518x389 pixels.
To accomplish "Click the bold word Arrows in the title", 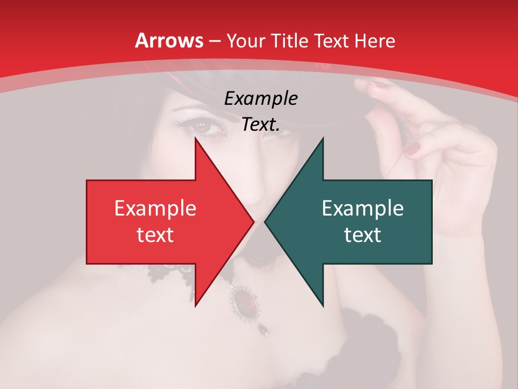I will pyautogui.click(x=169, y=41).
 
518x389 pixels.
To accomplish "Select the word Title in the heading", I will pyautogui.click(x=289, y=41).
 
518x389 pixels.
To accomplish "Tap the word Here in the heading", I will pyautogui.click(x=374, y=41).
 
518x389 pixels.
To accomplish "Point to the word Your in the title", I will pyautogui.click(x=246, y=41).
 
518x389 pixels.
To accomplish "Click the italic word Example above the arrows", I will pyautogui.click(x=261, y=98).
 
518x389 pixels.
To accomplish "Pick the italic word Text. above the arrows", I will pyautogui.click(x=261, y=124).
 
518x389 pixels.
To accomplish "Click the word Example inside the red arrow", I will pyautogui.click(x=155, y=208).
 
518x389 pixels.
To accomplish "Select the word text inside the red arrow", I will pyautogui.click(x=155, y=234).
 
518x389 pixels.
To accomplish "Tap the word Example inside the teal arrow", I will pyautogui.click(x=363, y=208).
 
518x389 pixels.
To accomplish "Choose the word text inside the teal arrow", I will pyautogui.click(x=363, y=234).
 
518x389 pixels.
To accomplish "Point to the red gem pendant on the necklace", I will pyautogui.click(x=246, y=300).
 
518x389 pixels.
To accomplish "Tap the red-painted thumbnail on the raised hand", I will pyautogui.click(x=413, y=149).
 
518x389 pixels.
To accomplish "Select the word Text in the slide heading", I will pyautogui.click(x=332, y=41).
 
